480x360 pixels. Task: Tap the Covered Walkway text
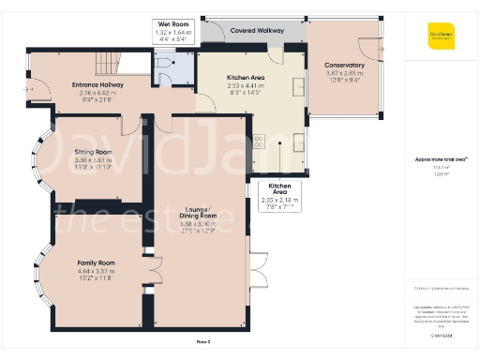click(256, 31)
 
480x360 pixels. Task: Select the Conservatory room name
click(344, 65)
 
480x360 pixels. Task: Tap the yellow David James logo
click(442, 39)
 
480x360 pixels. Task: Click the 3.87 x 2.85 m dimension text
click(344, 72)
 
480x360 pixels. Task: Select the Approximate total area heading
click(441, 159)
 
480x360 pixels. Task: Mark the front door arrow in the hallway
click(40, 91)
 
